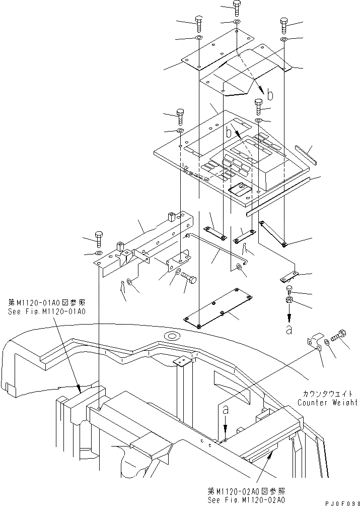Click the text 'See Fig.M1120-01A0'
click(x=46, y=311)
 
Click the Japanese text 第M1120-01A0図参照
click(x=46, y=302)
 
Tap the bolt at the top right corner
click(x=283, y=24)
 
